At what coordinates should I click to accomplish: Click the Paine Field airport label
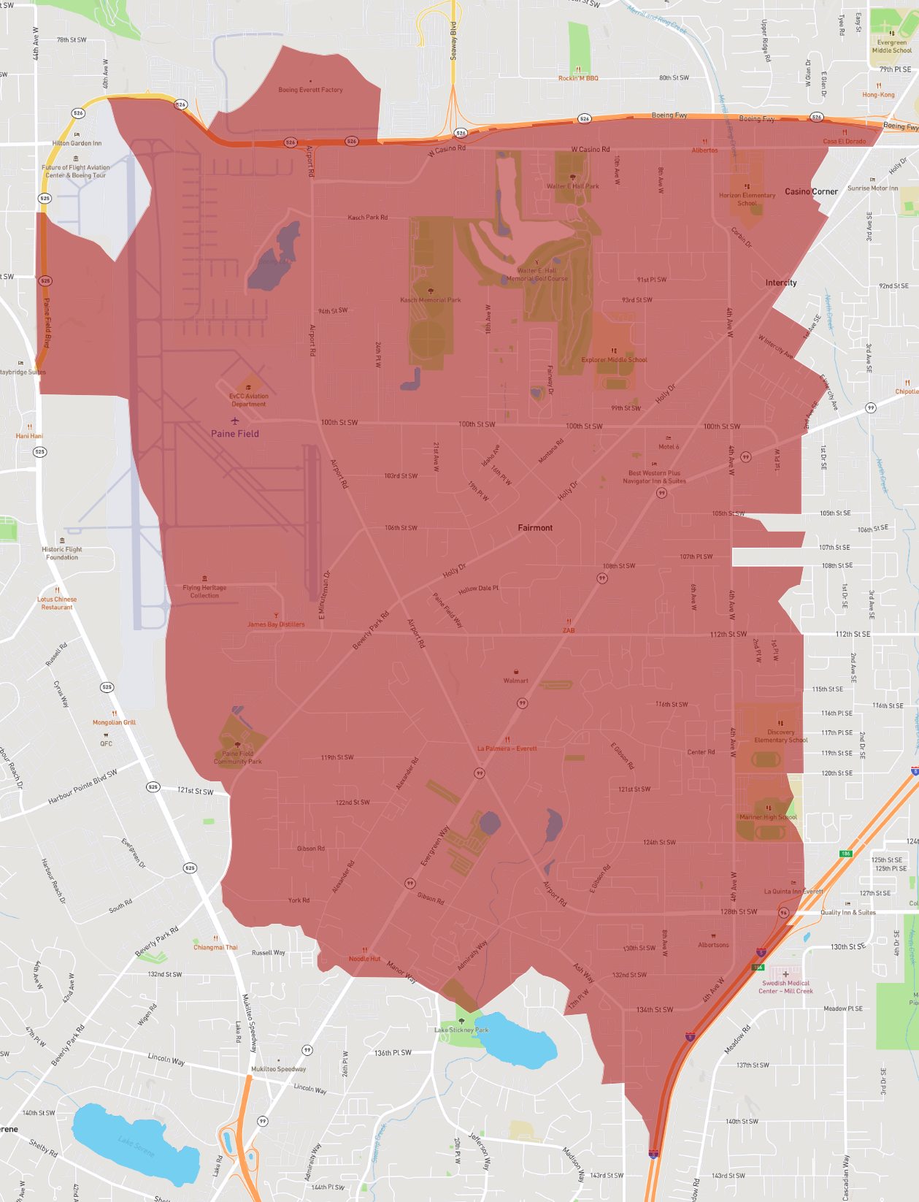[234, 433]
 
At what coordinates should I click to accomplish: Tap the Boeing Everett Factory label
[310, 90]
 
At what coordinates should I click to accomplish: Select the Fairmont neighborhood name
[535, 527]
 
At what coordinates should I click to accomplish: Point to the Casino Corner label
[811, 191]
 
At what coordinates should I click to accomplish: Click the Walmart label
[515, 680]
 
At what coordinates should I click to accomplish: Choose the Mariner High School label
[768, 817]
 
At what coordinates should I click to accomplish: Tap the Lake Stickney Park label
[461, 1030]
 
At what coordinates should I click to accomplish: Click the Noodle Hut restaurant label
[364, 958]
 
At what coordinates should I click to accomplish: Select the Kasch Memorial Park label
[430, 299]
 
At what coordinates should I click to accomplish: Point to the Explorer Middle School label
[614, 359]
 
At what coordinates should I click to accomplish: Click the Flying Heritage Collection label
[204, 592]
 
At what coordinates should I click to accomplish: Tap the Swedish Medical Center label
[785, 987]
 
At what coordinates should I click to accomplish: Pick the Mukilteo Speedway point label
[278, 1068]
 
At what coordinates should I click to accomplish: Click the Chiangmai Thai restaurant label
[215, 947]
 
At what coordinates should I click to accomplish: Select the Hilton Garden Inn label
[77, 143]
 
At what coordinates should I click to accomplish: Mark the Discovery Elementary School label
[780, 735]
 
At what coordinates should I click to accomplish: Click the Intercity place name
[780, 283]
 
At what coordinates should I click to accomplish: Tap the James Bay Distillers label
[276, 624]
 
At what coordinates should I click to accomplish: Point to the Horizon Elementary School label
[747, 199]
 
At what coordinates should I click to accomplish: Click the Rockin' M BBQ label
[578, 78]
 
